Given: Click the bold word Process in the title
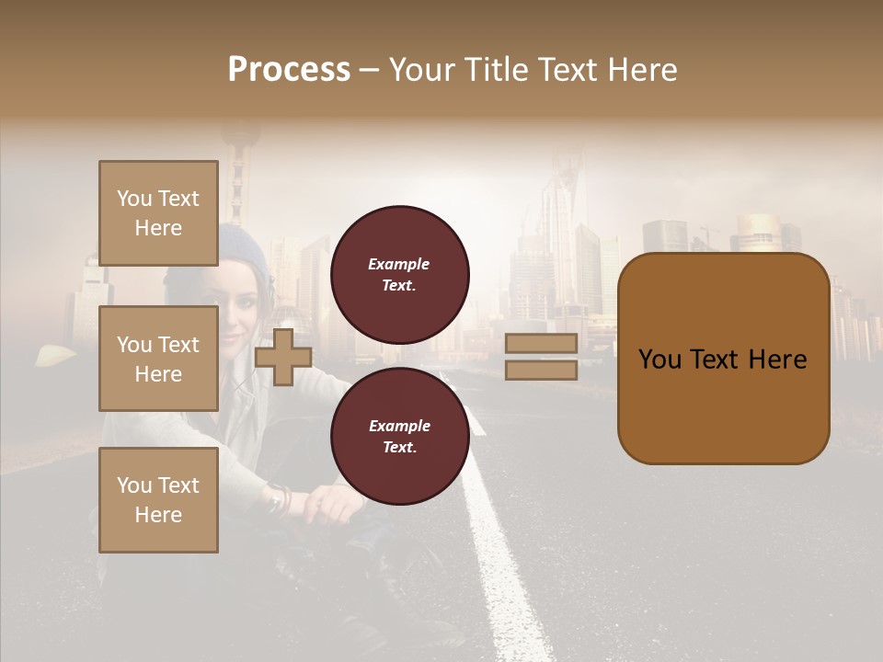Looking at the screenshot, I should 289,70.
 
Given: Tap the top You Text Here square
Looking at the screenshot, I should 158,213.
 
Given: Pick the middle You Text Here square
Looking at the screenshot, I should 158,359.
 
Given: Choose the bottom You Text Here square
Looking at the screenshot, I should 158,499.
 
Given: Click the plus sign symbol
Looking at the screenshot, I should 282,357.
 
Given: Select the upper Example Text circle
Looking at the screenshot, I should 399,274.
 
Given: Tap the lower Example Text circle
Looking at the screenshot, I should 399,436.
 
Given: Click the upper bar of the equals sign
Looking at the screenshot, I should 541,344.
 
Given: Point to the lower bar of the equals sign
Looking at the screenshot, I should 541,370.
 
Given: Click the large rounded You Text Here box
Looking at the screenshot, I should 723,359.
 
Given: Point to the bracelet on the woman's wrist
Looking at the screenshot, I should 279,499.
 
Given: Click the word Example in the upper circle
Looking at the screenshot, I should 399,264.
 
